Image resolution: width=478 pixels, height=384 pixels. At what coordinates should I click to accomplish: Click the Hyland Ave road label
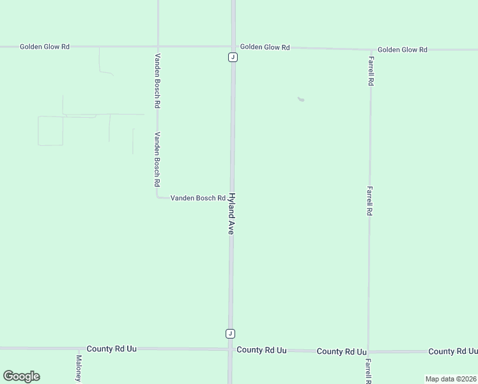(x=231, y=214)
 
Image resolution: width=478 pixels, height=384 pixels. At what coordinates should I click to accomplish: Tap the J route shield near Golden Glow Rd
(x=233, y=57)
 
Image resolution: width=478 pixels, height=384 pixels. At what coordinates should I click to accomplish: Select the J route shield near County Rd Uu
(x=230, y=333)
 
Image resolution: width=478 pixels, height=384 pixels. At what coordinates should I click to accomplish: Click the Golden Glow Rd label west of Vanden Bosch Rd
(x=44, y=47)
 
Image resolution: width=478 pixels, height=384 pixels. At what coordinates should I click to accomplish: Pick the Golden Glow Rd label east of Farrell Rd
(x=402, y=49)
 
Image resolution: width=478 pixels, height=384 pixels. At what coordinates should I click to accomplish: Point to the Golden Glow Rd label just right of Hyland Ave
(x=265, y=47)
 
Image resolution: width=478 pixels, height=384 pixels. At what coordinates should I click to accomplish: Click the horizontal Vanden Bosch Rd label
(x=197, y=198)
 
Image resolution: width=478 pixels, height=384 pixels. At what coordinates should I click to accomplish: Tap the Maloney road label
(x=79, y=368)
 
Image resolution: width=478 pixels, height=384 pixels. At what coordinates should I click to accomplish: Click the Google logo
(x=21, y=376)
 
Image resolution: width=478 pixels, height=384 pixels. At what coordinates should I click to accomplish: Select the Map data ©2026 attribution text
(x=451, y=379)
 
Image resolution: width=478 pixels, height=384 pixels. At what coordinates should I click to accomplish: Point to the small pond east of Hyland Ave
(x=301, y=99)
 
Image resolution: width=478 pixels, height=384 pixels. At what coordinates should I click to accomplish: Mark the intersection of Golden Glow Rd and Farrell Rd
(x=371, y=49)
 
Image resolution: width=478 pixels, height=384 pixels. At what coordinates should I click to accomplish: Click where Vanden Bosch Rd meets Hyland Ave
(x=232, y=198)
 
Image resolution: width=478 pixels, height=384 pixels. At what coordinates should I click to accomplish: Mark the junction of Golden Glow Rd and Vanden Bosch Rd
(x=158, y=47)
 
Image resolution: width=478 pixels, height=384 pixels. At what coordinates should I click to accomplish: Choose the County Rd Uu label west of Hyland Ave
(x=112, y=349)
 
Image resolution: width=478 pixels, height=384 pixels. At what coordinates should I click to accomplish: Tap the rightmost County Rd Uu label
(x=452, y=351)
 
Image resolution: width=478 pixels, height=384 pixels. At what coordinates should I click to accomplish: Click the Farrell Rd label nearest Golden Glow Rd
(x=371, y=71)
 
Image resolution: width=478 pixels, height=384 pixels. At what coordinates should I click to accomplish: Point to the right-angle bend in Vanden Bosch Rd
(x=158, y=197)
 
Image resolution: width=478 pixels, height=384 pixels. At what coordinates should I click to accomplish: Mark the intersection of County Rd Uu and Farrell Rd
(x=369, y=351)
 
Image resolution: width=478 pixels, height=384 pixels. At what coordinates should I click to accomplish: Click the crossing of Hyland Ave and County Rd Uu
(x=230, y=349)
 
